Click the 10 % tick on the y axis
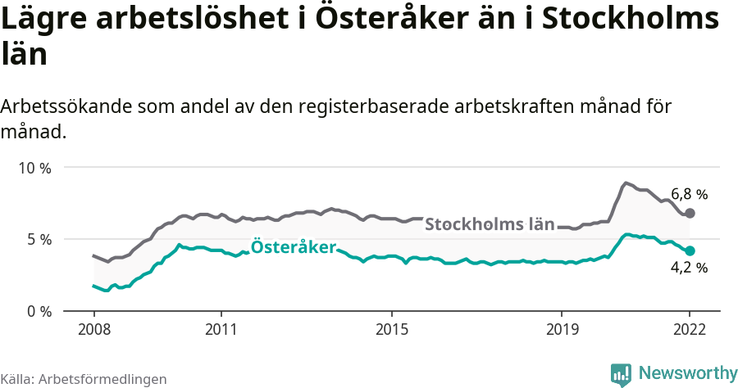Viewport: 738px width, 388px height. coord(34,168)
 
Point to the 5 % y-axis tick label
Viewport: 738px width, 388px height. coord(38,240)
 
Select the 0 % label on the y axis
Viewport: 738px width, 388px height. coord(38,312)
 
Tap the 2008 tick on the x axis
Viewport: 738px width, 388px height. coord(93,330)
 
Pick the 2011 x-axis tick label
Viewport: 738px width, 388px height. coord(221,330)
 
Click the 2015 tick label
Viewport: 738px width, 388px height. coord(392,330)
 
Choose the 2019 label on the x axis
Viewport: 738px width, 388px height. coord(562,330)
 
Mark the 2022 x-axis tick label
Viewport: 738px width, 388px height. coord(690,330)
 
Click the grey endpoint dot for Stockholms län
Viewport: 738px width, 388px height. coord(690,213)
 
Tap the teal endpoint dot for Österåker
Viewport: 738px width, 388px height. coord(690,250)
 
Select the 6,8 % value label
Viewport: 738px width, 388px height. coord(689,195)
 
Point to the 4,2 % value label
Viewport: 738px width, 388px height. coord(689,268)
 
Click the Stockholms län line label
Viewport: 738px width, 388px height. coord(490,225)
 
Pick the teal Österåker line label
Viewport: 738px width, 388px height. coord(293,246)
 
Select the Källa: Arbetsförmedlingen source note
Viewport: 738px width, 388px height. coord(84,380)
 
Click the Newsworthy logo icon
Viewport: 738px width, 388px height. coord(621,374)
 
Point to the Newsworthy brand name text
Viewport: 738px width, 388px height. coord(687,373)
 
